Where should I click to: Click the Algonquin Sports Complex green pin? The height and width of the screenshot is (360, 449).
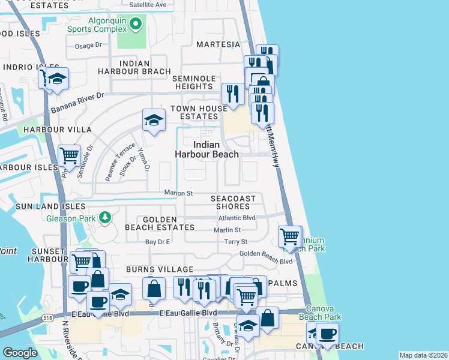(136, 24)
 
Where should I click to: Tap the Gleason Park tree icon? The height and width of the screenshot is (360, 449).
(105, 217)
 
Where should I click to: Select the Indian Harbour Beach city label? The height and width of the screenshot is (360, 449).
(206, 149)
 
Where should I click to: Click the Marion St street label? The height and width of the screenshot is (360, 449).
(179, 193)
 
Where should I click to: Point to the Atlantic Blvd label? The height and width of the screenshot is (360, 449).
(237, 218)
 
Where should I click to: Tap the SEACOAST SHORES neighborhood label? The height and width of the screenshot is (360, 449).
(233, 202)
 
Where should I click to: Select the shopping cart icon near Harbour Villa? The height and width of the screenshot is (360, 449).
(70, 156)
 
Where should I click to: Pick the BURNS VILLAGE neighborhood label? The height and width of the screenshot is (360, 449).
(159, 269)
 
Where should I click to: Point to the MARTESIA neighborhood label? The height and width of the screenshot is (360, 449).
(218, 44)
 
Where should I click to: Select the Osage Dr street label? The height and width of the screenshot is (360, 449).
(89, 45)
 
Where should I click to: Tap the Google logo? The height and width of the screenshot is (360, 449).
(20, 353)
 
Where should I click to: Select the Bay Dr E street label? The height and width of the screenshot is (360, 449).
(158, 242)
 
